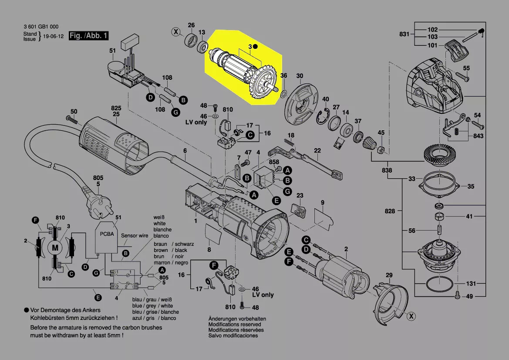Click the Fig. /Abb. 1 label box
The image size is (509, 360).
click(x=88, y=36)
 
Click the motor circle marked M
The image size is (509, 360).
click(x=55, y=248)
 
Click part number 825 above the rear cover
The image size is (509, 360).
click(x=115, y=108)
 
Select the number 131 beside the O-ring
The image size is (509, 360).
click(x=471, y=284)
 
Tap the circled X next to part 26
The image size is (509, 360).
click(x=176, y=31)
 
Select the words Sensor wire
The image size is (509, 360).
click(x=135, y=236)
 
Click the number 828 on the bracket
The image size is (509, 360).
click(x=390, y=211)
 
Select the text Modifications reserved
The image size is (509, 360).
click(x=235, y=324)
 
